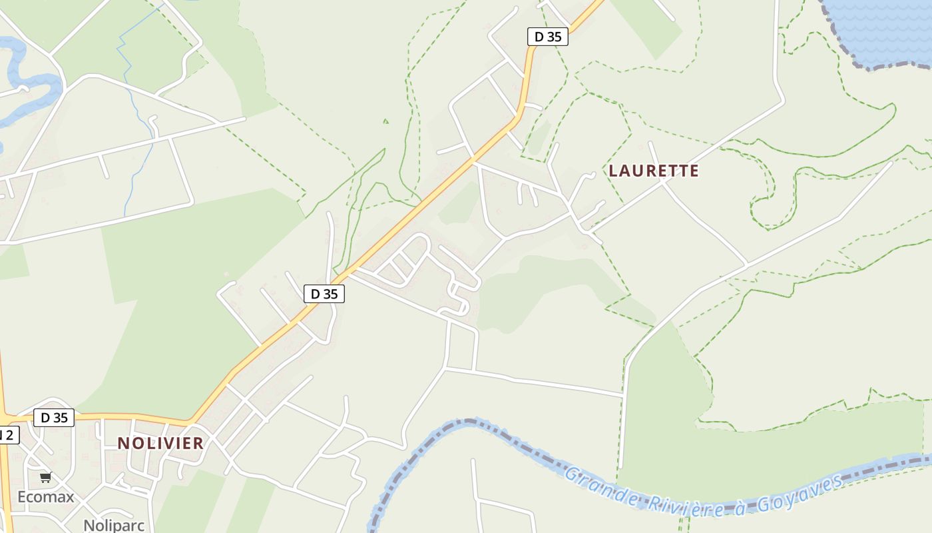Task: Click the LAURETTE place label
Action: [x=654, y=171]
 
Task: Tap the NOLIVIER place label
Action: [x=160, y=443]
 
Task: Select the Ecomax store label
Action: [x=46, y=497]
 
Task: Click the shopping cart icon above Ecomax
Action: [x=46, y=477]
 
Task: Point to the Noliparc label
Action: [x=114, y=525]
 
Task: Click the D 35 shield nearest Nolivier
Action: [x=54, y=418]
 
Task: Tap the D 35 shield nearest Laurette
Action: [x=548, y=37]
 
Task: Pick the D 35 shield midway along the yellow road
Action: [x=324, y=293]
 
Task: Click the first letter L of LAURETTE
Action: [x=613, y=171]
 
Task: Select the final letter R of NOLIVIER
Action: [x=198, y=443]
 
